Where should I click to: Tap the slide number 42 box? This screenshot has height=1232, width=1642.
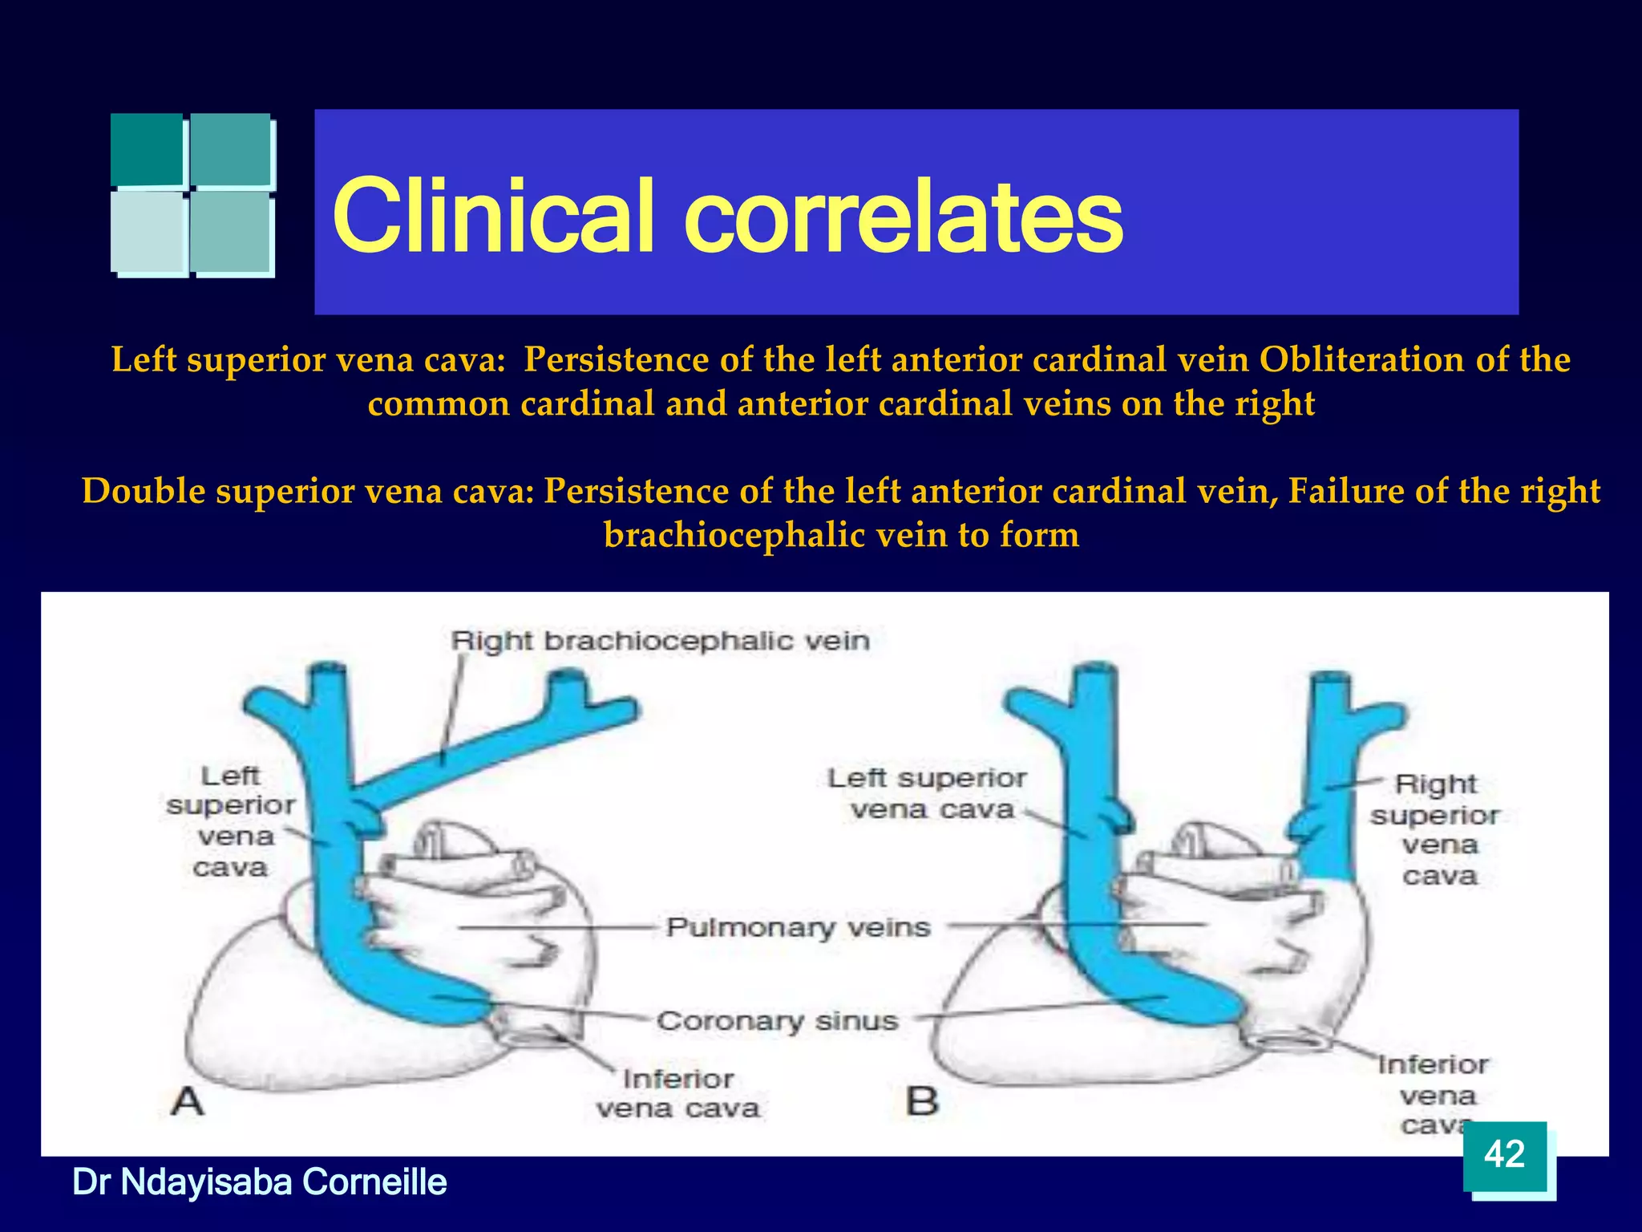tap(1504, 1155)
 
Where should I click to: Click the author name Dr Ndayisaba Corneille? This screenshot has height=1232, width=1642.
tap(259, 1182)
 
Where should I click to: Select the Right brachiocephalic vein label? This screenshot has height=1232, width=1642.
tap(659, 641)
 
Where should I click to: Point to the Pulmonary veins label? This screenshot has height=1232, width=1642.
tap(798, 927)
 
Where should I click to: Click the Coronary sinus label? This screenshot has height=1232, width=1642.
tap(777, 1021)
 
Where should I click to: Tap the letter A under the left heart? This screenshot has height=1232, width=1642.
tap(188, 1100)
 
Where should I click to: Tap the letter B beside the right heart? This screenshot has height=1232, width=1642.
tap(921, 1100)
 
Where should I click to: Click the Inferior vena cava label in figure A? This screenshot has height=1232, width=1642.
tap(677, 1093)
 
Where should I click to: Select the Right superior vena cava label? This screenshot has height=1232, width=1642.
tap(1435, 829)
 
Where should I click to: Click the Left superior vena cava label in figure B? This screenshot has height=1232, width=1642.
tap(928, 793)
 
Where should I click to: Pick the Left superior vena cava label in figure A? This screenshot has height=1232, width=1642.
tap(231, 821)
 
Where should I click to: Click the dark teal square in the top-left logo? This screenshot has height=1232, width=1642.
tap(148, 149)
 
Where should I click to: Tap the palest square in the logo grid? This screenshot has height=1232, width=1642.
tap(149, 232)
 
